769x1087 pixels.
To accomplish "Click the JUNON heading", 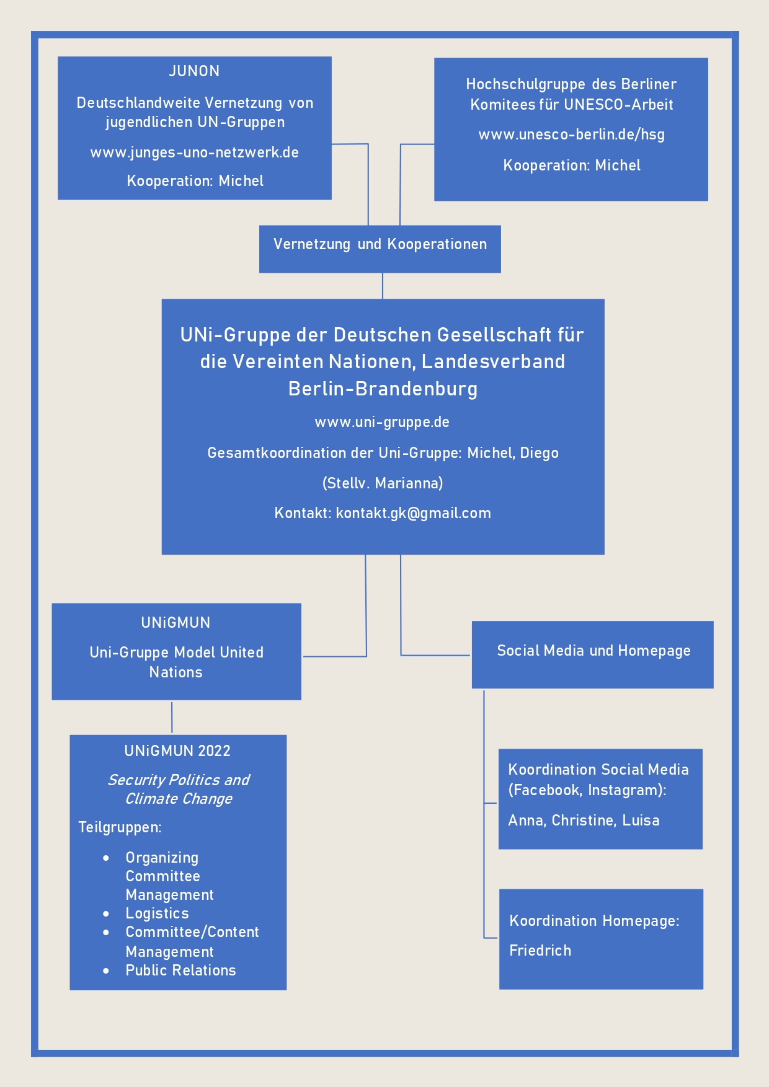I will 194,71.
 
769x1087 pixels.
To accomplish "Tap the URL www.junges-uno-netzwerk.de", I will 195,152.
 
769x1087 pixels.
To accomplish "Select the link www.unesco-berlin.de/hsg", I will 571,134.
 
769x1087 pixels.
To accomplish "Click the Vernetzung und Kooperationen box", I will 380,249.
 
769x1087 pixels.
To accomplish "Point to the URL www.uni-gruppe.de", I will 382,422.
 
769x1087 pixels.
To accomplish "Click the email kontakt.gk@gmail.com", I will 413,513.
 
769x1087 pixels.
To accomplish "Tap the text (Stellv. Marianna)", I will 383,483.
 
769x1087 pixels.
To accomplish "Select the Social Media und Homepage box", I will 593,654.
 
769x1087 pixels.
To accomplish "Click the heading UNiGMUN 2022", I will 177,751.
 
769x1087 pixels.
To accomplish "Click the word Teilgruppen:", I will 120,827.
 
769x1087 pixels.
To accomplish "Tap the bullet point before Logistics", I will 106,913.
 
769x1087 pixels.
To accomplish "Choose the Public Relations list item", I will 180,970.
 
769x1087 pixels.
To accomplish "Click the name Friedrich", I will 540,951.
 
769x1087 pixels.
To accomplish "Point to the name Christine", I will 583,821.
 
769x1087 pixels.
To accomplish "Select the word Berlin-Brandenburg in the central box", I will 383,389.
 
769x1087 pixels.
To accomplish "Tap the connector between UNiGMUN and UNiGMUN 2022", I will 172,717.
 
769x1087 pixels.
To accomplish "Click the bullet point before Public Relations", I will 106,970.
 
